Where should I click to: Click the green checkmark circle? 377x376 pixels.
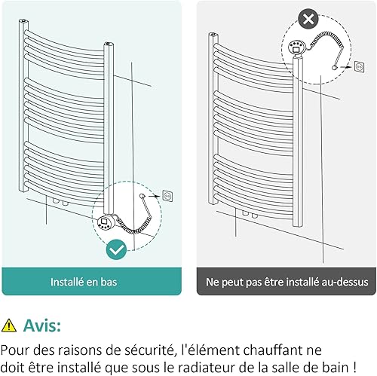click(116, 249)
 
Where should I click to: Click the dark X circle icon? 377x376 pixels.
click(308, 19)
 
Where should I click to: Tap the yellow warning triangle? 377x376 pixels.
click(9, 326)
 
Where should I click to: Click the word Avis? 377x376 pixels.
click(42, 326)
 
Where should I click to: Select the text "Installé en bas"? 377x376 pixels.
click(84, 282)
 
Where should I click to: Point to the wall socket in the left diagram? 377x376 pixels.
click(167, 196)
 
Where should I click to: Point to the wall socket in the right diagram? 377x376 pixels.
click(360, 67)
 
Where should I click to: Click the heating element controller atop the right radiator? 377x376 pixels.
click(296, 47)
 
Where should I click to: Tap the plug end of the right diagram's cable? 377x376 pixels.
click(335, 68)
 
